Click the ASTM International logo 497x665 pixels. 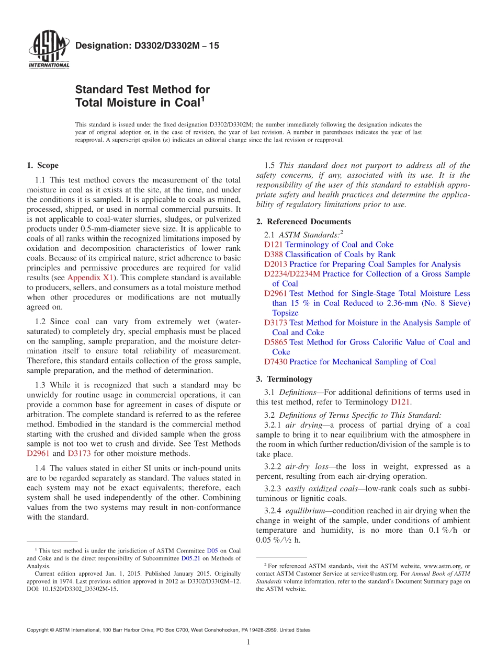49,50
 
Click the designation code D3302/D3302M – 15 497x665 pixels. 147,46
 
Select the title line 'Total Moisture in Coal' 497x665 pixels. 137,103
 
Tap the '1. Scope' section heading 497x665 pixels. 42,166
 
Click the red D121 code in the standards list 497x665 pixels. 274,245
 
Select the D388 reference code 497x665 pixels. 274,255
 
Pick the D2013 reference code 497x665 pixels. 276,265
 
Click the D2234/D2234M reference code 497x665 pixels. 292,274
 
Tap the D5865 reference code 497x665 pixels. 276,342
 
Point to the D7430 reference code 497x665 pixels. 276,362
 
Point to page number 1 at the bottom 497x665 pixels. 249,643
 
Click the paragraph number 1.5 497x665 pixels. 271,166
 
